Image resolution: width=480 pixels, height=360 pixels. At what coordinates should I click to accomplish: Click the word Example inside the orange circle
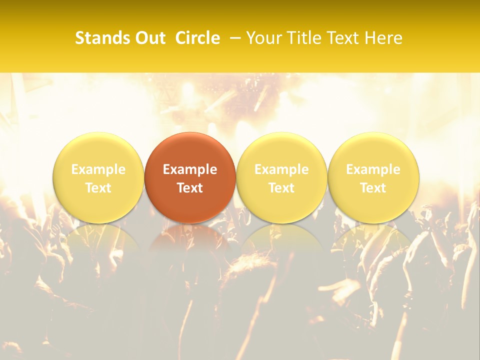click(190, 169)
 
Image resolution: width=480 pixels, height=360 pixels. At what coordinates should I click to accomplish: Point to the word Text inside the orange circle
click(190, 188)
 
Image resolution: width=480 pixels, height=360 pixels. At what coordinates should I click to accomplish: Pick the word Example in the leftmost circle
click(98, 169)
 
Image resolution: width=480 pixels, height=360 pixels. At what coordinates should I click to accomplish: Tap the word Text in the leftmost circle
click(98, 188)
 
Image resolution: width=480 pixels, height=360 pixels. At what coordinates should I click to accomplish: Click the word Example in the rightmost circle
click(373, 169)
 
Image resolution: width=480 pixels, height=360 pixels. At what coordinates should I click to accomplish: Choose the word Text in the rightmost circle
click(373, 188)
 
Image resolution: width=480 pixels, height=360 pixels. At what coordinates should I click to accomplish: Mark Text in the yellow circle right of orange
click(281, 188)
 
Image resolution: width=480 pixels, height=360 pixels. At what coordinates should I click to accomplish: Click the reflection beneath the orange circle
click(190, 237)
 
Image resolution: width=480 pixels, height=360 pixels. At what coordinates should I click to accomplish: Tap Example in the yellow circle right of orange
click(281, 169)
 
